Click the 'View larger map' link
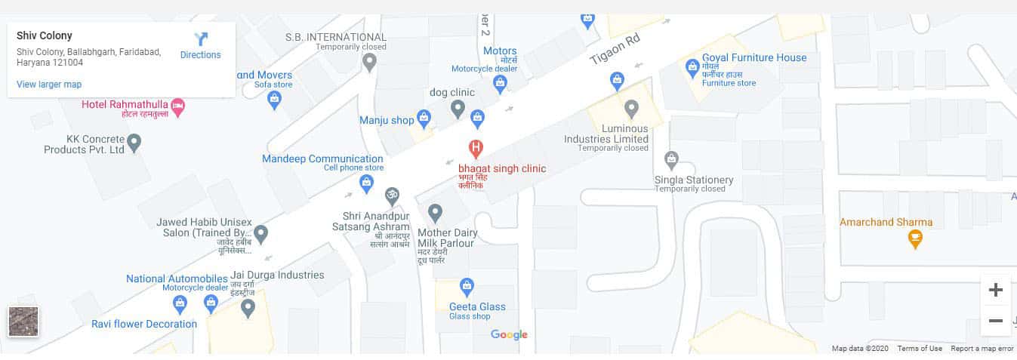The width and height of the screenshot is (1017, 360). coord(49,85)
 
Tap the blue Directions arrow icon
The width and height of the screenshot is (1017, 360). coord(201,39)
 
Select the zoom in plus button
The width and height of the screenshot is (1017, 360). coord(995,290)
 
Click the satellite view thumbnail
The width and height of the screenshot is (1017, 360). coord(23,322)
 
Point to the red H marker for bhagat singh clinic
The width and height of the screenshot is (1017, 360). coord(476,147)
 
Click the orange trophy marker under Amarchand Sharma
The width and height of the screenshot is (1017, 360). coord(915,239)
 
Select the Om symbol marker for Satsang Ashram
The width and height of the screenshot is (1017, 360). coord(392,195)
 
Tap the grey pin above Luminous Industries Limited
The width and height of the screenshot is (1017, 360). coord(632,108)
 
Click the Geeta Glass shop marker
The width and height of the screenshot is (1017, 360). coord(467,286)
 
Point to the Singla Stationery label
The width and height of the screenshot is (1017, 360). coord(694,180)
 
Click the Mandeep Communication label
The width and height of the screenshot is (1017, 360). coord(322,158)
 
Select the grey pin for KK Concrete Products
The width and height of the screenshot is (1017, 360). coord(134,141)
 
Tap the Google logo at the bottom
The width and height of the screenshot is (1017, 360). coord(509,334)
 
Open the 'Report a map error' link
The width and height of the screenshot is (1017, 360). coord(982,349)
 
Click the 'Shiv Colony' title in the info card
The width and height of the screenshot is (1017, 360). coord(45,35)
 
